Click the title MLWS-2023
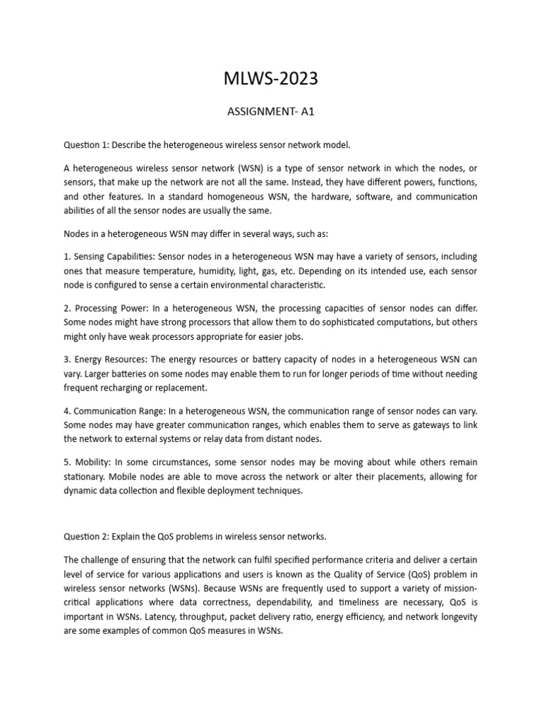(272, 79)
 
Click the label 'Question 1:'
(88, 145)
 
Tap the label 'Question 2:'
(88, 537)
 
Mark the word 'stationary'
(84, 477)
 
